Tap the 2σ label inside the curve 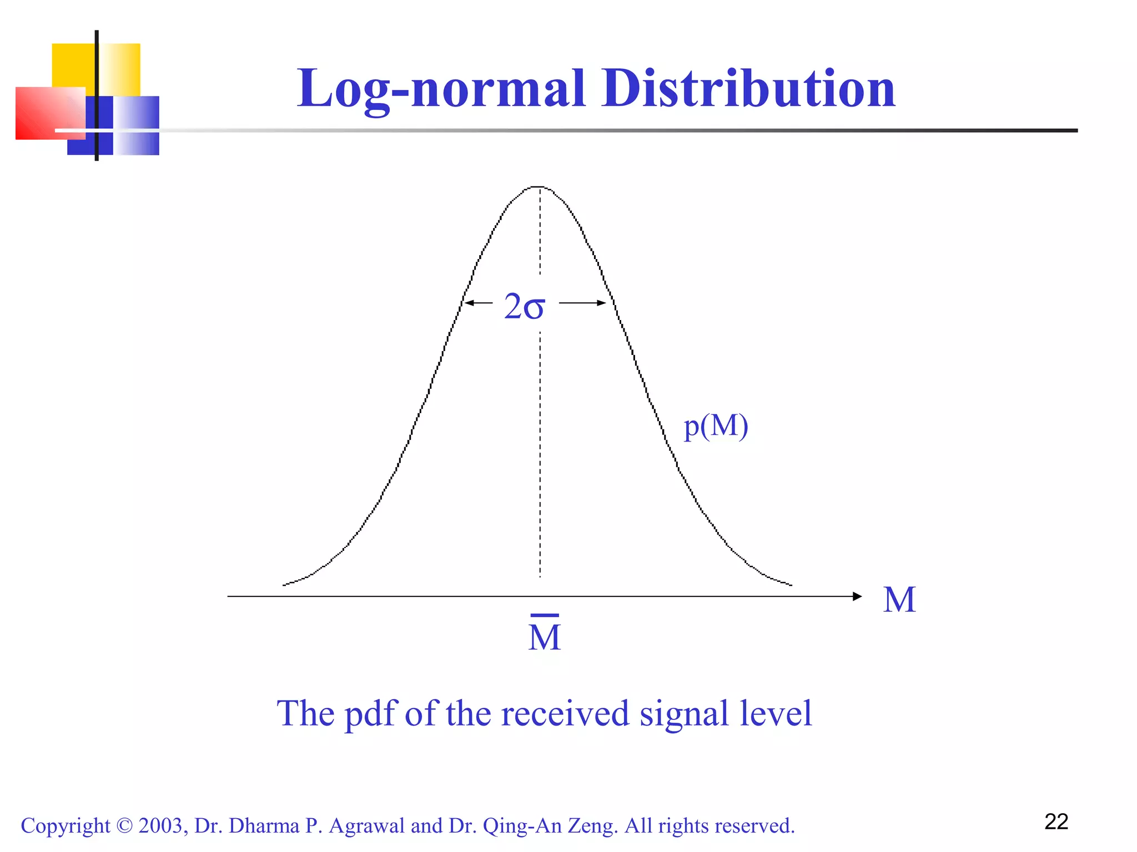(524, 306)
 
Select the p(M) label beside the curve (716, 427)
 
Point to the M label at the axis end (899, 600)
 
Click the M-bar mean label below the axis (545, 635)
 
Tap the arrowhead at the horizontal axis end (857, 596)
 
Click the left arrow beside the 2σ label (477, 303)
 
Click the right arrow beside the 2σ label (583, 303)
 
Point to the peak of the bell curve (539, 187)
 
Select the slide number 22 (1056, 822)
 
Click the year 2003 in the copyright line (160, 826)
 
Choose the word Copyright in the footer (66, 826)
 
